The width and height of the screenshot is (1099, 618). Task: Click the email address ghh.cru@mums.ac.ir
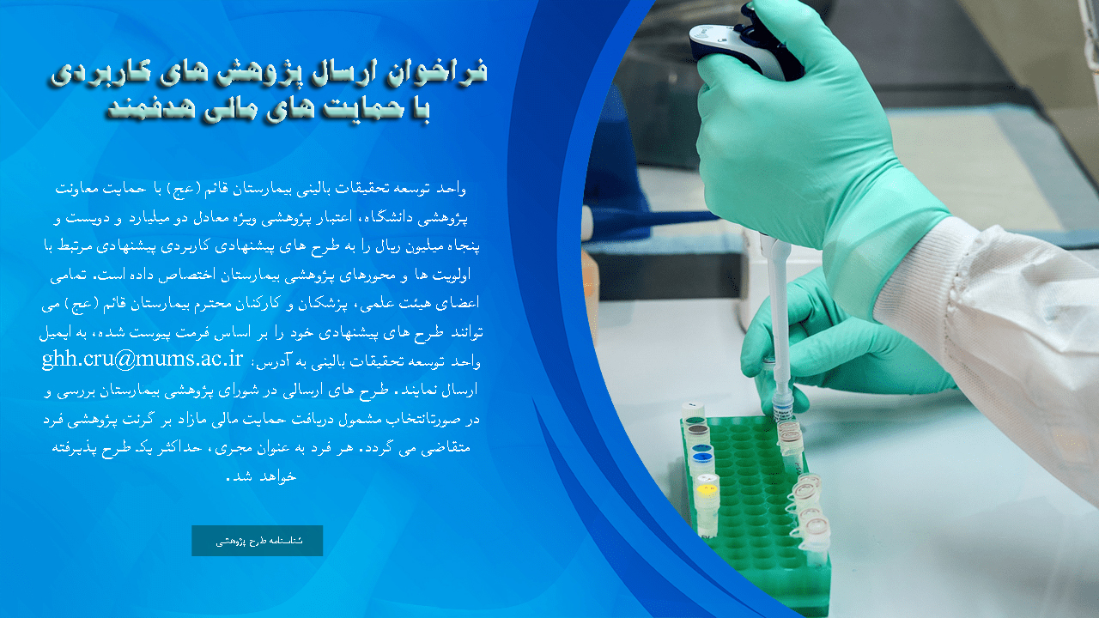click(x=143, y=359)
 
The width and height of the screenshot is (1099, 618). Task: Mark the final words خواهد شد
click(x=262, y=476)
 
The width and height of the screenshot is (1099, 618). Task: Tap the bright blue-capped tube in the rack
click(x=701, y=461)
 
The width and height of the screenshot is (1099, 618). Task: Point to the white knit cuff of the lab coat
click(x=922, y=275)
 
